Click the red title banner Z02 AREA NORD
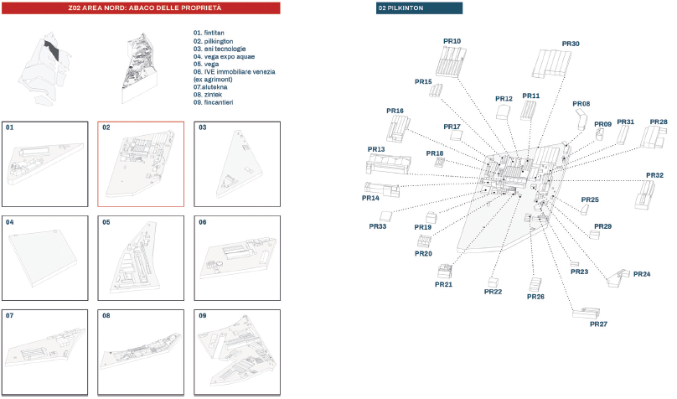141,8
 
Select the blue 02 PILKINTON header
419,8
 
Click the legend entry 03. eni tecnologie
220,49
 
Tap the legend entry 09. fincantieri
213,102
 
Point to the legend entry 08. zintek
207,95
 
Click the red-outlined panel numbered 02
141,164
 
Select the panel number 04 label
9,222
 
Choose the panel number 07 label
9,316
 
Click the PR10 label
452,41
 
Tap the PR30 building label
571,44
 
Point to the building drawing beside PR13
388,164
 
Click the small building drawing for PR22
493,282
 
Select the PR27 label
598,324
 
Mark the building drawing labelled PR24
618,278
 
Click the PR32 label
654,175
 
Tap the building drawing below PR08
581,119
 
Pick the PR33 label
377,226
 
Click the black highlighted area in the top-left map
52,50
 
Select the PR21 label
443,284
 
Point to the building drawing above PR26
535,284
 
